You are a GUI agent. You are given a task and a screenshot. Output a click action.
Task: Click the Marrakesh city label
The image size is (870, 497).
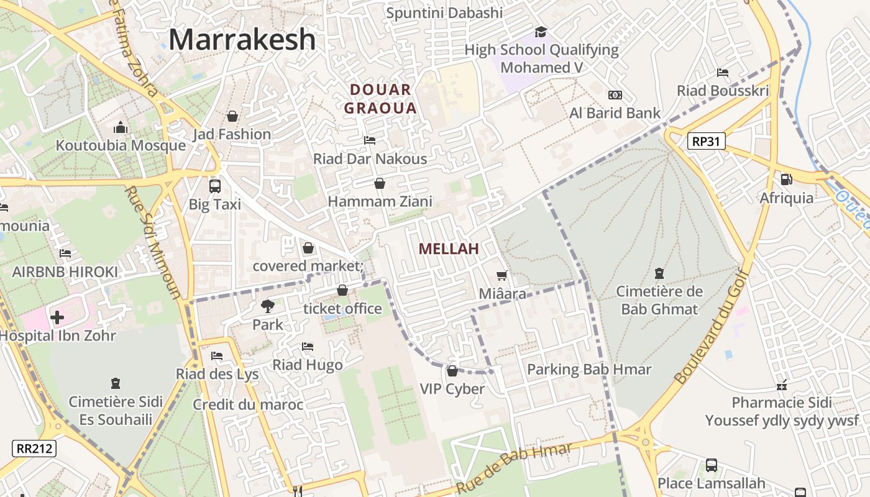coord(242,40)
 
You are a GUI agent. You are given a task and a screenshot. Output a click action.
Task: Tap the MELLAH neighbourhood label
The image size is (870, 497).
coord(449,249)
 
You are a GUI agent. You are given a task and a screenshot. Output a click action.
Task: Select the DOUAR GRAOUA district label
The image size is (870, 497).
coord(380,99)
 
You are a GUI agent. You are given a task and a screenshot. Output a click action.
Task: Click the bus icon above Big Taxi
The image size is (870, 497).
coord(215,186)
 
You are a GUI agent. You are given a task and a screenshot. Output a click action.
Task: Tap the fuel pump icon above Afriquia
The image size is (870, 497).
coord(786,180)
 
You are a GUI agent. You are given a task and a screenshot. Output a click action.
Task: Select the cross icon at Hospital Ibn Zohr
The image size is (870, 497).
coord(57,317)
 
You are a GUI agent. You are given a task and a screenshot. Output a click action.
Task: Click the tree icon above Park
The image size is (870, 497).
coord(267,306)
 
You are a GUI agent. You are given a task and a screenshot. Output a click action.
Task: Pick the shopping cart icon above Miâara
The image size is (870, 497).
coord(502,275)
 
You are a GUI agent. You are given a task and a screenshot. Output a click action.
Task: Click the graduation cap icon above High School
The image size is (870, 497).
coord(541,32)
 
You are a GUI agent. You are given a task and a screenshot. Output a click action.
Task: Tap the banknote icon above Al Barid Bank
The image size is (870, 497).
coord(615,95)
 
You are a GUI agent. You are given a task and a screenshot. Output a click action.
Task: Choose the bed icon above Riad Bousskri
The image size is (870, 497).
coord(723,73)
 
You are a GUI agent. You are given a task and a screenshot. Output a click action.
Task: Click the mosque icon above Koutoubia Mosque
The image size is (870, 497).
coord(121,127)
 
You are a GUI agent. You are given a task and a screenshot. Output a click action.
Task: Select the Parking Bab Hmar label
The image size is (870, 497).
coord(589,370)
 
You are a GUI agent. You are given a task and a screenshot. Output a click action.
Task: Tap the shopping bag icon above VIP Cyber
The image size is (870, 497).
coord(452,371)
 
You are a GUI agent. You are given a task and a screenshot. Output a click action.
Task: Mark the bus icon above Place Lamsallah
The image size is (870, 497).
coord(712,465)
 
